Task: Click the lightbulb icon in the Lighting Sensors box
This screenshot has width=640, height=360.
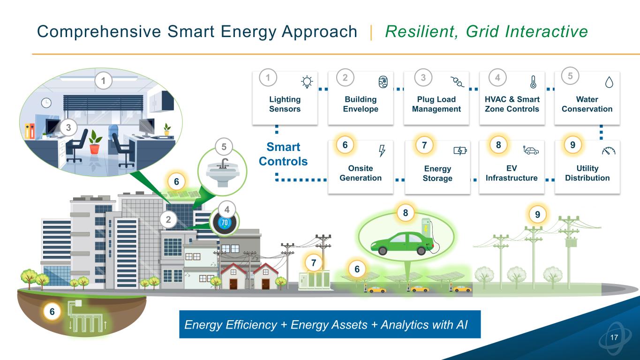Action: point(307,82)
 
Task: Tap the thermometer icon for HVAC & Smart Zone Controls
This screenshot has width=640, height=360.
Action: point(533,82)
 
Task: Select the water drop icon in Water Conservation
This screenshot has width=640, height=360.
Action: point(609,82)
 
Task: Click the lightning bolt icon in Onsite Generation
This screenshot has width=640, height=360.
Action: point(382,151)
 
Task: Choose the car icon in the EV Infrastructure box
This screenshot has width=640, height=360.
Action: point(531,150)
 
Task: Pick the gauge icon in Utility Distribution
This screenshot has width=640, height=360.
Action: point(609,150)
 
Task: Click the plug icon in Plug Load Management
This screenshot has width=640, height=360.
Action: point(457,82)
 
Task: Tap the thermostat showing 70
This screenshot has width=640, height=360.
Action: point(225,223)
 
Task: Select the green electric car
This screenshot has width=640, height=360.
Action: point(402,243)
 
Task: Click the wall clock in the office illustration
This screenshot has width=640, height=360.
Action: point(46,103)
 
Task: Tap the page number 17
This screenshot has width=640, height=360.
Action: point(614,337)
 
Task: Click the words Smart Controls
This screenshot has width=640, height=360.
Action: point(283,154)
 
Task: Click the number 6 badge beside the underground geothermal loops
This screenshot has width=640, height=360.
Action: point(52,311)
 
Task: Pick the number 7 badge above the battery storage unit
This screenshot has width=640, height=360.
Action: point(314,262)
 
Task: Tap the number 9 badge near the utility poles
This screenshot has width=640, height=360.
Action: point(537,214)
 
